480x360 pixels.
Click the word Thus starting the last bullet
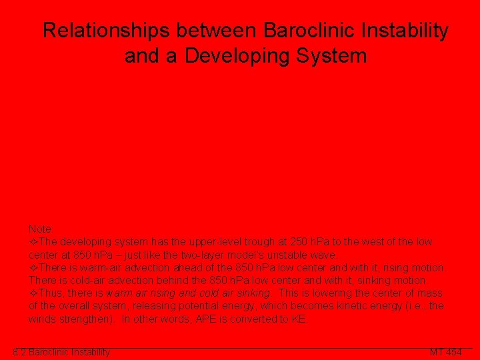[x=48, y=293]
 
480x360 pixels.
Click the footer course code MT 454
[x=445, y=352]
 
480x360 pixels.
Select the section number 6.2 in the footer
[x=19, y=352]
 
